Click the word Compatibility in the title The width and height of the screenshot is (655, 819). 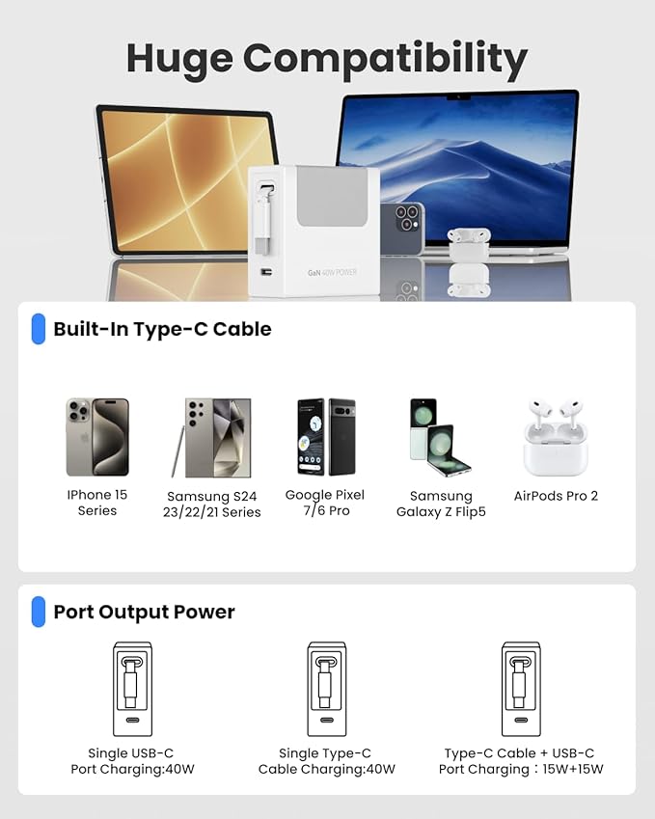coord(385,60)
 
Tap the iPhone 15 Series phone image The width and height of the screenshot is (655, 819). coord(96,437)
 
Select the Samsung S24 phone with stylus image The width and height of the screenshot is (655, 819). coord(212,437)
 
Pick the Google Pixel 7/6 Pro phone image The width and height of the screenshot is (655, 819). coord(326,437)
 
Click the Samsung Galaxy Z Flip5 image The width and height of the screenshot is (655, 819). coord(439,437)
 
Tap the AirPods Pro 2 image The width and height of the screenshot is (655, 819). coord(555,436)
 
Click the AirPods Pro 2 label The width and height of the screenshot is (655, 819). coord(556,496)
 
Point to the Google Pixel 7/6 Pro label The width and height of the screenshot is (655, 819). coord(326,503)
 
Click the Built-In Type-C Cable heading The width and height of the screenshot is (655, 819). coord(162,329)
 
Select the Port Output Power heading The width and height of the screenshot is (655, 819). coord(144,612)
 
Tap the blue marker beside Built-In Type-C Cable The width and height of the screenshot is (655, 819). coord(39,329)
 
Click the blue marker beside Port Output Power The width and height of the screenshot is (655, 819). coord(39,612)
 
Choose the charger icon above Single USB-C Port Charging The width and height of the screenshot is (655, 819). coord(132,689)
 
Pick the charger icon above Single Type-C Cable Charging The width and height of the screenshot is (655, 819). coord(326,689)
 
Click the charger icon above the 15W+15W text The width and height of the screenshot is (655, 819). coord(521,689)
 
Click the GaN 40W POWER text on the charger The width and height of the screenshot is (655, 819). coord(332,272)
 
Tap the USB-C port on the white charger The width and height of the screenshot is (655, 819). coord(266,272)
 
